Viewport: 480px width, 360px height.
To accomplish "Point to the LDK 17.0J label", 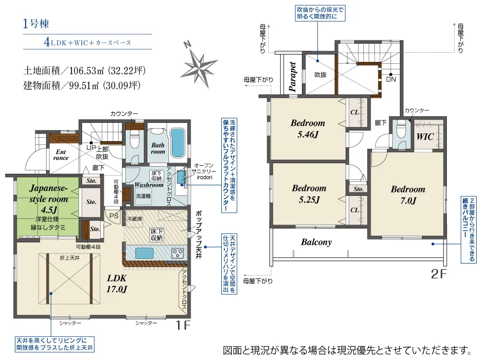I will coord(117,283).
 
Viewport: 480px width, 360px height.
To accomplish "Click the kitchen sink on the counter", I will coord(142,252).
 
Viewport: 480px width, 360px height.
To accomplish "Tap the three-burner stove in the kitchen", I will coord(177,252).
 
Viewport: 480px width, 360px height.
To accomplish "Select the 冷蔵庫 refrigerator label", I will coord(134,218).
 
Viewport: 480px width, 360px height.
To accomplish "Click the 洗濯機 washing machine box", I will coord(143,196).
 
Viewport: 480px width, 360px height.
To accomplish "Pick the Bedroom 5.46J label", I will coord(308,129).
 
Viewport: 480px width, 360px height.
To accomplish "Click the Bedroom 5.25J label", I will coord(309,193).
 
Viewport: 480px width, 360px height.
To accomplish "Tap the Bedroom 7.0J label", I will coord(408,195).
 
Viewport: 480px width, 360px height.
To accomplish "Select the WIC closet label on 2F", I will coord(425,137).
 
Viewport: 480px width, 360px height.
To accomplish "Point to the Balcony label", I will coord(316,242).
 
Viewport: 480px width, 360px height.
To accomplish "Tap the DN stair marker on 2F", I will coord(391,79).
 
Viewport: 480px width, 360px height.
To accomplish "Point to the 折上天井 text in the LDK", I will coord(70,258).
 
